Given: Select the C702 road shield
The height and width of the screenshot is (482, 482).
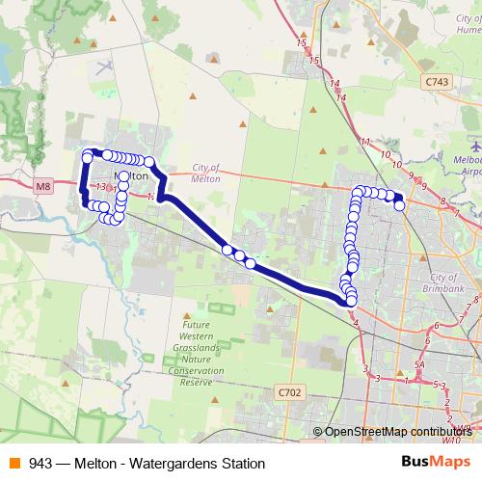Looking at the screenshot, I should pos(288,392).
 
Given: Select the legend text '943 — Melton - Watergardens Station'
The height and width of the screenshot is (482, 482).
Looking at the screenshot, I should pos(147,464).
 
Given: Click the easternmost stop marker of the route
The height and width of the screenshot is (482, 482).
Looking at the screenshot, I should pos(399,205).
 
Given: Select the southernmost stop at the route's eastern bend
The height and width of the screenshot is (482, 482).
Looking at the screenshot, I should pos(351,302).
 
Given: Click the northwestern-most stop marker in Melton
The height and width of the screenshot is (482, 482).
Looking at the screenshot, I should pos(88,154).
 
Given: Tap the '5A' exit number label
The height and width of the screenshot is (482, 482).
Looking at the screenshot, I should pos(418,365).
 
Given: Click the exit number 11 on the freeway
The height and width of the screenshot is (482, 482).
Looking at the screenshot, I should pos(364,142).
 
